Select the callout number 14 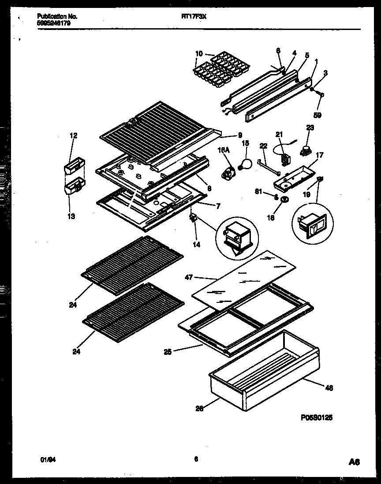[x=197, y=244]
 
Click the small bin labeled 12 [x=73, y=166]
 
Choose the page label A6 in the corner [x=354, y=462]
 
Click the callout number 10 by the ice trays [x=199, y=54]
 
